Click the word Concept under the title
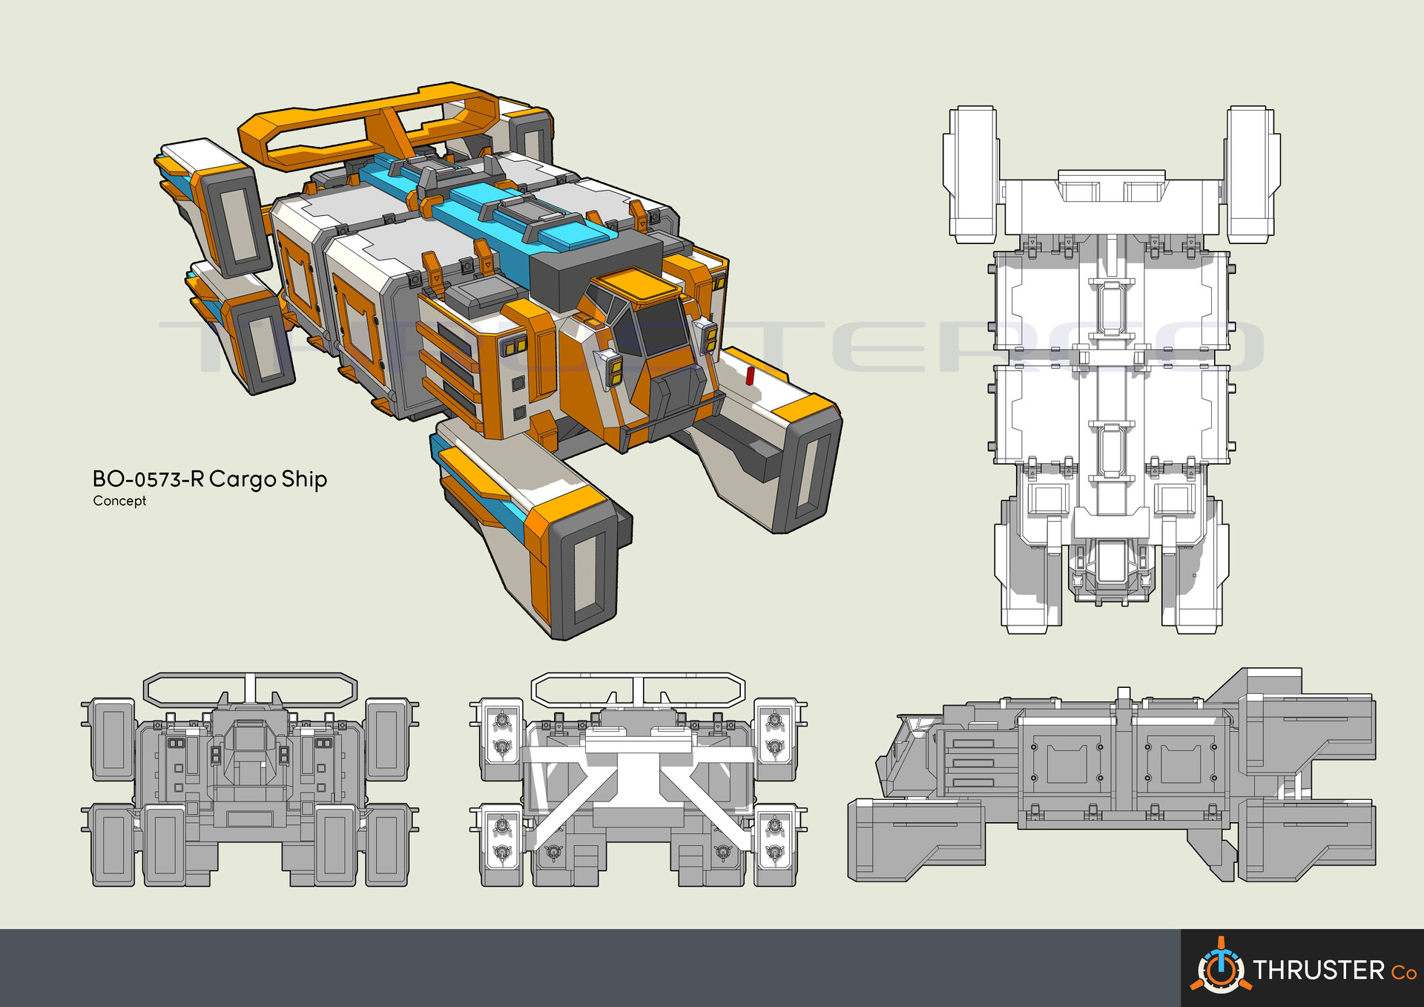coord(119,501)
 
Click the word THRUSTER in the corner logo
coord(1318,970)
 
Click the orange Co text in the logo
coord(1403,972)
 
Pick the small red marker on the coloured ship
coord(750,376)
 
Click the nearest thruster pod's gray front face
coord(586,571)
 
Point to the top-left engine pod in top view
coord(970,174)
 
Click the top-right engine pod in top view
coord(1252,174)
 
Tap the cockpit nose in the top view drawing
coord(1110,571)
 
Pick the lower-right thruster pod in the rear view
coord(775,846)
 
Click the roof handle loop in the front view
coord(250,689)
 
